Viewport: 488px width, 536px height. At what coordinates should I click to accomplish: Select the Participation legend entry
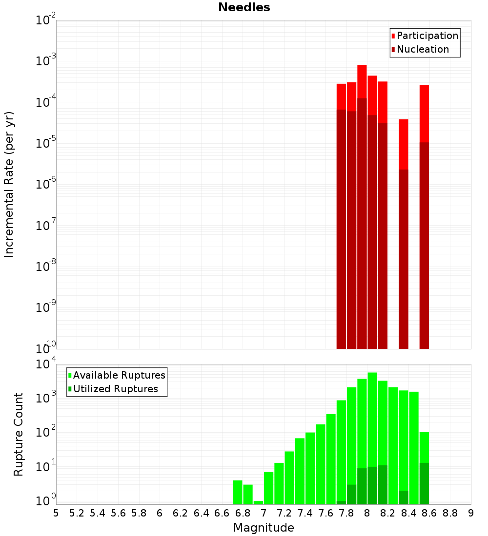point(427,36)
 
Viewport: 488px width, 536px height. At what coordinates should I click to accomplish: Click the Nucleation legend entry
point(423,49)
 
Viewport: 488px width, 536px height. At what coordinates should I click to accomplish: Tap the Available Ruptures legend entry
point(119,375)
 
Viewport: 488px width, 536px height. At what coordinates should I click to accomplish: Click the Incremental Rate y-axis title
point(9,184)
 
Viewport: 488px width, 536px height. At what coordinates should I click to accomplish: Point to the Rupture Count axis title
point(19,434)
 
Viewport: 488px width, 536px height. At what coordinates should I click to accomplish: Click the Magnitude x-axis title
point(264,528)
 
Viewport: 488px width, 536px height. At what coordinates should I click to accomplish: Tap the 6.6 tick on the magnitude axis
point(222,513)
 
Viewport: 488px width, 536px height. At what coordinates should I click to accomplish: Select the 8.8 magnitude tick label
point(450,513)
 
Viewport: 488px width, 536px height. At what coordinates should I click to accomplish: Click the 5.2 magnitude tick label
point(77,513)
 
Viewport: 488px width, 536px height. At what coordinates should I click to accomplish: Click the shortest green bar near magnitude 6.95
point(258,502)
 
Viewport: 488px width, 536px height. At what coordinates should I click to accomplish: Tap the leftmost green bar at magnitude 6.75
point(238,492)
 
